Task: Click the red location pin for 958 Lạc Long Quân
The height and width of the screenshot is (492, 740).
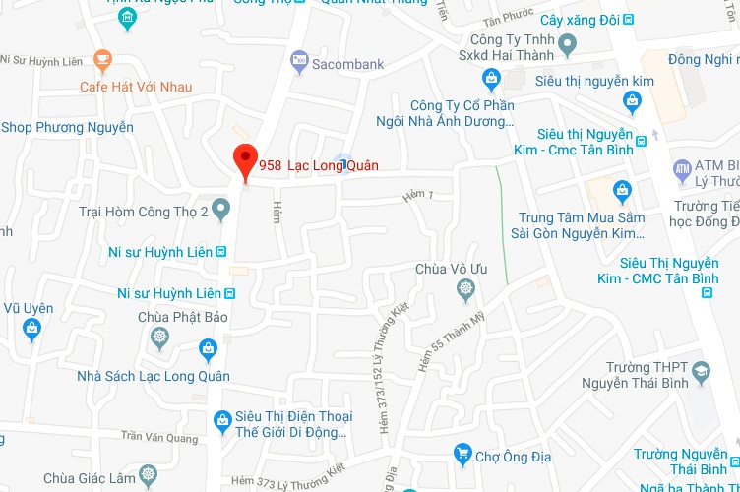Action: click(244, 160)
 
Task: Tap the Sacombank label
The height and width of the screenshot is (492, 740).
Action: click(347, 65)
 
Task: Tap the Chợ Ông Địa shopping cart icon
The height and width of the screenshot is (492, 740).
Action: click(462, 454)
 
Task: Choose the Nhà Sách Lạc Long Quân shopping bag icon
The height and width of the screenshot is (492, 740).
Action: click(208, 349)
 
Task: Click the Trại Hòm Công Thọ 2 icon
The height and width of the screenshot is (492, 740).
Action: click(222, 210)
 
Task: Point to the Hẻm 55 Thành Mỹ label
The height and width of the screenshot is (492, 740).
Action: click(437, 344)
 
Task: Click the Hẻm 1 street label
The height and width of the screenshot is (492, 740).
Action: click(418, 197)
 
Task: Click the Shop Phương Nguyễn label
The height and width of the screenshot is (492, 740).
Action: click(67, 127)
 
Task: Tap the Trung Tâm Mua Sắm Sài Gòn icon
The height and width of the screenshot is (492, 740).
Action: click(621, 191)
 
